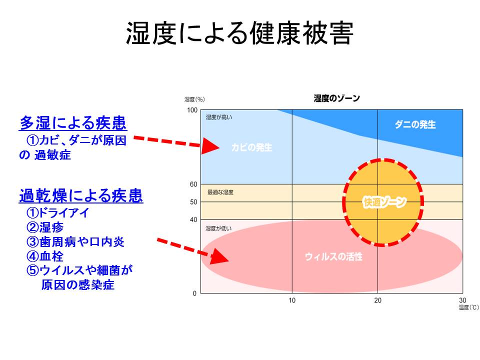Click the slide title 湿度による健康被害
click(x=240, y=33)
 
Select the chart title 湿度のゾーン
click(x=336, y=98)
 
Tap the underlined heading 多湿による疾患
click(x=72, y=122)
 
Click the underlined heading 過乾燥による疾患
click(x=81, y=195)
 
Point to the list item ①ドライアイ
click(x=57, y=213)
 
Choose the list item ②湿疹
click(x=45, y=227)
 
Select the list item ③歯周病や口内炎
click(x=75, y=242)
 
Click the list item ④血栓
click(x=45, y=256)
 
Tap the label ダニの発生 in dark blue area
click(x=415, y=124)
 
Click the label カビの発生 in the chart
click(x=251, y=147)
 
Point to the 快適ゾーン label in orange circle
click(x=384, y=202)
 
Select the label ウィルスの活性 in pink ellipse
click(x=333, y=257)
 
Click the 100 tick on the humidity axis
click(x=192, y=110)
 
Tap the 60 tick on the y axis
click(x=193, y=184)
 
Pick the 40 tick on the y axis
click(x=193, y=219)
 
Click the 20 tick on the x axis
click(x=378, y=300)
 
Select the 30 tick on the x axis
click(x=462, y=300)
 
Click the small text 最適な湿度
click(x=220, y=192)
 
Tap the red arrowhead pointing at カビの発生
click(x=210, y=147)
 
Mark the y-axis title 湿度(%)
click(x=194, y=99)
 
